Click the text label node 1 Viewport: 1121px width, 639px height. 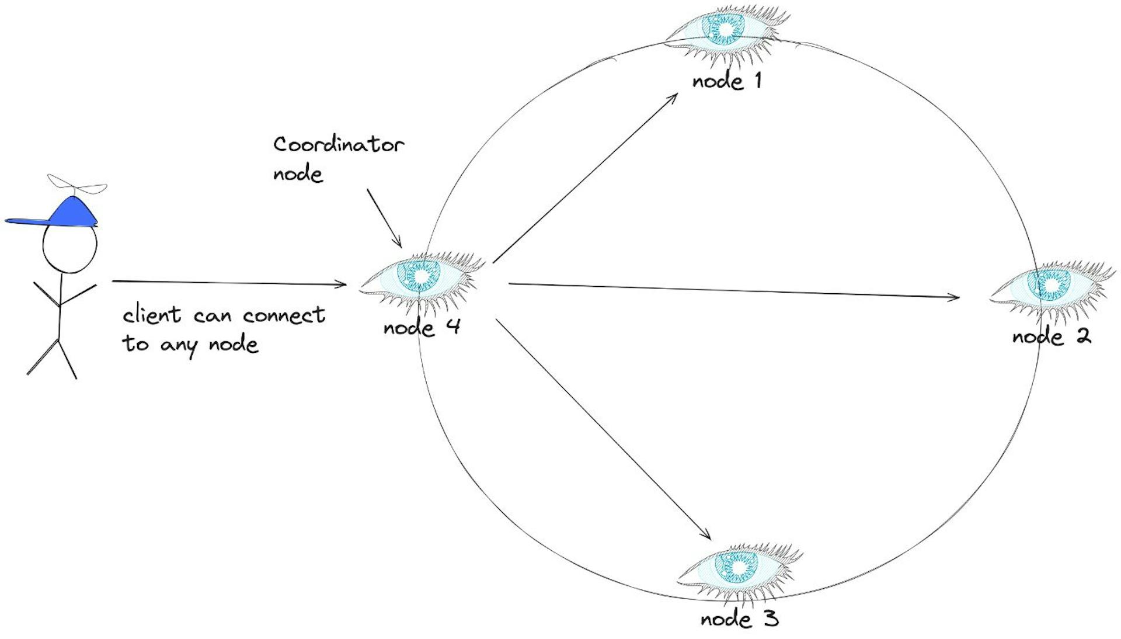tap(727, 81)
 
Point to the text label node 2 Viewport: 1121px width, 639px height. tap(1051, 336)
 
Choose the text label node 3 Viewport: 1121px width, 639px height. tap(739, 619)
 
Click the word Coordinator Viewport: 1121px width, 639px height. tap(339, 144)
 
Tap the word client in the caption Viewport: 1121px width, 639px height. tap(152, 315)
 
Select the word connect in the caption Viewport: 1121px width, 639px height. tap(284, 315)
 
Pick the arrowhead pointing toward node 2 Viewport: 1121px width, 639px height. tap(955, 297)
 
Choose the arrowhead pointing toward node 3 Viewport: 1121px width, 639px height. tap(706, 535)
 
